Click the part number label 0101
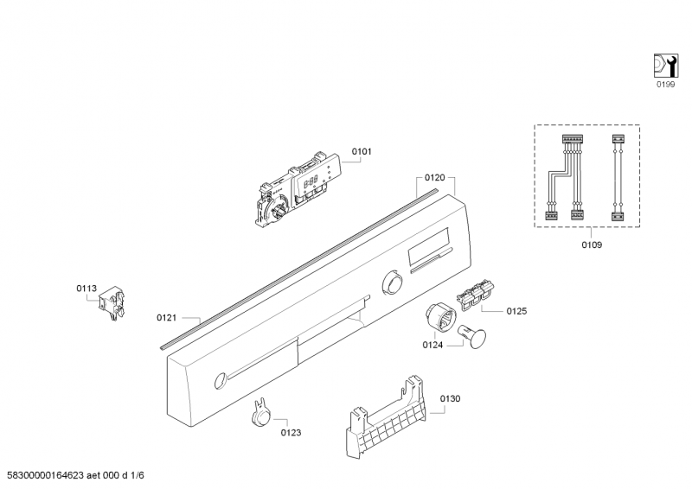pyautogui.click(x=362, y=152)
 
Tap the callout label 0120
pyautogui.click(x=435, y=177)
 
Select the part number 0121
pyautogui.click(x=167, y=318)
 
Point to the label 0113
pyautogui.click(x=86, y=289)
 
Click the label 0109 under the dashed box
pyautogui.click(x=592, y=244)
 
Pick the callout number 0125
pyautogui.click(x=516, y=311)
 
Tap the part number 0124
pyautogui.click(x=432, y=346)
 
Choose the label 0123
pyautogui.click(x=291, y=432)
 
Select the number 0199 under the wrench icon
pyautogui.click(x=664, y=85)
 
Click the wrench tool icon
pyautogui.click(x=664, y=65)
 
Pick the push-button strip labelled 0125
pyautogui.click(x=474, y=295)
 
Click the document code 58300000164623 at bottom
pyautogui.click(x=42, y=475)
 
